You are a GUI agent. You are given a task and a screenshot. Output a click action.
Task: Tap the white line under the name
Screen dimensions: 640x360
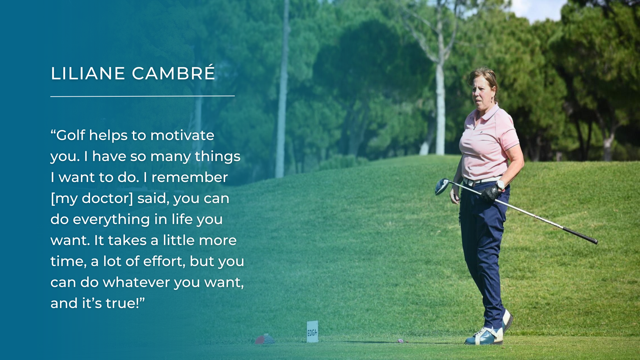pos(143,96)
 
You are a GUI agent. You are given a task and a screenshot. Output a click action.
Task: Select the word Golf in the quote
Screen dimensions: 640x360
pos(71,135)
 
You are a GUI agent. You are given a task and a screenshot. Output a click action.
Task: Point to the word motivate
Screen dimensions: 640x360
pos(182,135)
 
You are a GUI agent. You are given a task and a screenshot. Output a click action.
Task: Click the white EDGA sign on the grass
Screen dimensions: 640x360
pos(312,332)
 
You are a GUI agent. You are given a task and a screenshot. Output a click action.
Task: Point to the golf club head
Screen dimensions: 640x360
pos(442,186)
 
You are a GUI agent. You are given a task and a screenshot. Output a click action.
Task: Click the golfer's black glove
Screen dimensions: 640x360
pos(490,193)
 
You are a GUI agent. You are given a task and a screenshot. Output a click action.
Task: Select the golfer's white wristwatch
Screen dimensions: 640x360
pos(500,184)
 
